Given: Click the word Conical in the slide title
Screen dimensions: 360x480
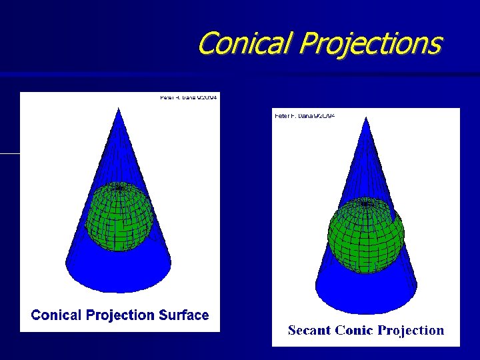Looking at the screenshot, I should tap(245, 44).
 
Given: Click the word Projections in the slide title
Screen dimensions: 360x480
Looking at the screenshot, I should tap(370, 44).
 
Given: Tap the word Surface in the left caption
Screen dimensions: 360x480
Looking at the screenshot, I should tap(183, 315).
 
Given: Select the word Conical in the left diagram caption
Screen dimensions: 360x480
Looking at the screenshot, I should tap(57, 315).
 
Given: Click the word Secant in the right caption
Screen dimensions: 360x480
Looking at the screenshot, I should tap(309, 330).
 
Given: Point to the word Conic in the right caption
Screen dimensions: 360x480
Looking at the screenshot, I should tap(353, 330).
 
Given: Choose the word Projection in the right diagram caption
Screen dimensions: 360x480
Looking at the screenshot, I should tap(411, 330).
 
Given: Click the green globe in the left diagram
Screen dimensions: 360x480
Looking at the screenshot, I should tap(119, 217).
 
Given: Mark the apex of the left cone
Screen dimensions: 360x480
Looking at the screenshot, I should tap(119, 108).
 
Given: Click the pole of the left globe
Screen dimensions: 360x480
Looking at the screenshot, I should tap(119, 188).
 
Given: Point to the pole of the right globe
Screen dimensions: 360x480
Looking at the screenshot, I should tap(365, 203).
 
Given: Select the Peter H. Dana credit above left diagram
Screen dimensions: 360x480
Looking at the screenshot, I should tap(189, 97).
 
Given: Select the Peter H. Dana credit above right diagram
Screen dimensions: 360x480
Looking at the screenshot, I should tap(305, 116).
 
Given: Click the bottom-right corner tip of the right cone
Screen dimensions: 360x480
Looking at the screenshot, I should tap(417, 287).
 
